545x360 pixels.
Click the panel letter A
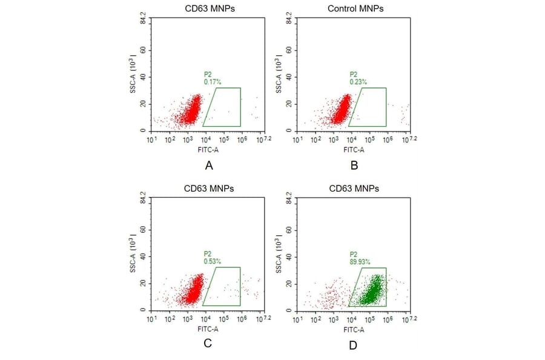209,165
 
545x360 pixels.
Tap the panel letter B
354,165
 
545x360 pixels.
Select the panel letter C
208,344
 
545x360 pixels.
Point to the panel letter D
353,345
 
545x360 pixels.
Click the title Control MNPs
355,8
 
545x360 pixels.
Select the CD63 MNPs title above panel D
355,188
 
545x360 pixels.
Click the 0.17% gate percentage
212,81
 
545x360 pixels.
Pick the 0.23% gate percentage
357,81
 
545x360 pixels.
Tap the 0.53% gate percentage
212,261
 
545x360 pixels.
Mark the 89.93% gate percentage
359,261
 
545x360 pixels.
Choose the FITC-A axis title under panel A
208,149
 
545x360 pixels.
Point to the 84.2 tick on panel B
289,19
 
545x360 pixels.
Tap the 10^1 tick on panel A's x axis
152,139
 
